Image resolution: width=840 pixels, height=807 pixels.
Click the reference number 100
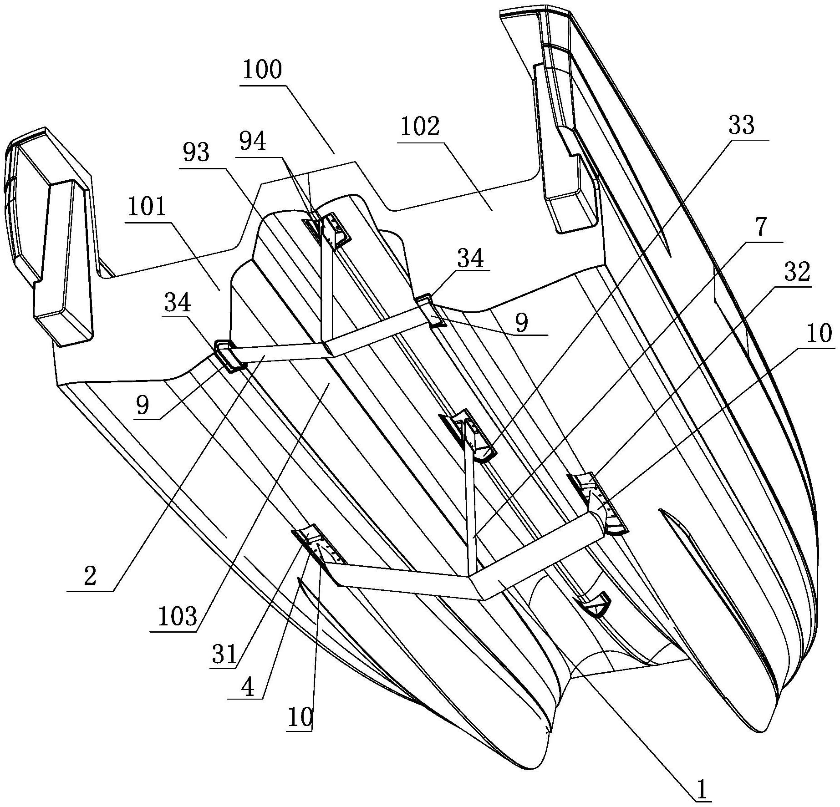point(262,71)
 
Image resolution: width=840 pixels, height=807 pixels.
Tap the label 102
point(420,127)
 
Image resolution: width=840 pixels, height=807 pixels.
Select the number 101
point(147,208)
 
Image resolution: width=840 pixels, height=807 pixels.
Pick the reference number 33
point(742,126)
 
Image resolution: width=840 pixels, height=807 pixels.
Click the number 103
point(178,617)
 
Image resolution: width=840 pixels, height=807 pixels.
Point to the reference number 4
point(247,689)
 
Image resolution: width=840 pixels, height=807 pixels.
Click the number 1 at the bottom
point(702,791)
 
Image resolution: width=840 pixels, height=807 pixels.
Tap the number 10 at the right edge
point(819,335)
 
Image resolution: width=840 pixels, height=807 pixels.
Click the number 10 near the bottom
point(300,718)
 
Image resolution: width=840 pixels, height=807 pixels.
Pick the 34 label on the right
point(470,259)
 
